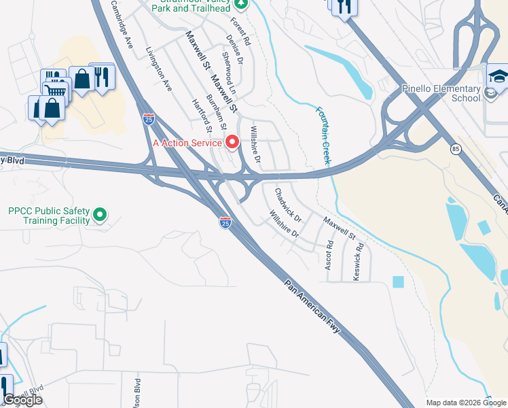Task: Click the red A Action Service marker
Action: (232, 142)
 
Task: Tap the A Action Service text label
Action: (187, 143)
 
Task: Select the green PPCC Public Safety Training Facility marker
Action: (100, 215)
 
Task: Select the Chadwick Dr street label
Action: (288, 203)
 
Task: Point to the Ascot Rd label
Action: (329, 254)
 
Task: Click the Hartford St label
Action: (202, 116)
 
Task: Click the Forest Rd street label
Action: (242, 31)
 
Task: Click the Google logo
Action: (22, 400)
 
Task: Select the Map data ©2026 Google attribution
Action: (466, 403)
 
